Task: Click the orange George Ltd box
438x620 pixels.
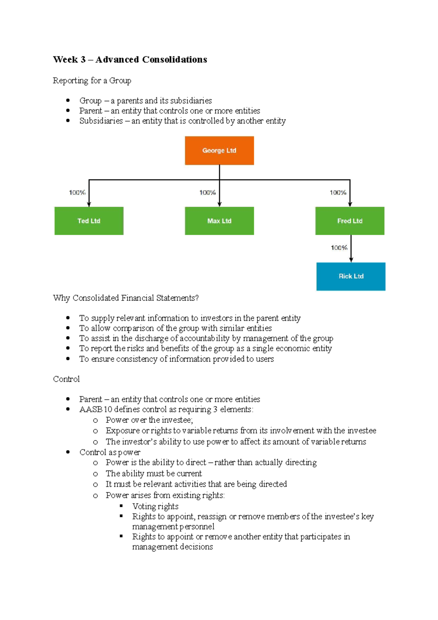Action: click(219, 150)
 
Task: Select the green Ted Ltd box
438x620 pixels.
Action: click(89, 221)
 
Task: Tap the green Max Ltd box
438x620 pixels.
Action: click(219, 221)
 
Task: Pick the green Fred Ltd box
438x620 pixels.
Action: click(350, 221)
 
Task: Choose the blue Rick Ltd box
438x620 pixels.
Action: click(351, 276)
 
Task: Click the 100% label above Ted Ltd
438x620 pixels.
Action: click(77, 192)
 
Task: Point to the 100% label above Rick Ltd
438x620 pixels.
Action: click(339, 248)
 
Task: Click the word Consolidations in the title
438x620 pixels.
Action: click(174, 60)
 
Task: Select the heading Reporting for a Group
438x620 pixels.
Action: click(92, 80)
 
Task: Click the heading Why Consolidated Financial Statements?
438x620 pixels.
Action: click(126, 298)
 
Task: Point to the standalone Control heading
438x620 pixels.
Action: click(66, 379)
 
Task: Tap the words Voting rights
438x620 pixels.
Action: click(155, 506)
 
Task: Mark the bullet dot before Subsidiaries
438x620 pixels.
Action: click(68, 120)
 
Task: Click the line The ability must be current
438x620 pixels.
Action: click(154, 474)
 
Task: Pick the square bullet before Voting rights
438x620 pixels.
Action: click(121, 506)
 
